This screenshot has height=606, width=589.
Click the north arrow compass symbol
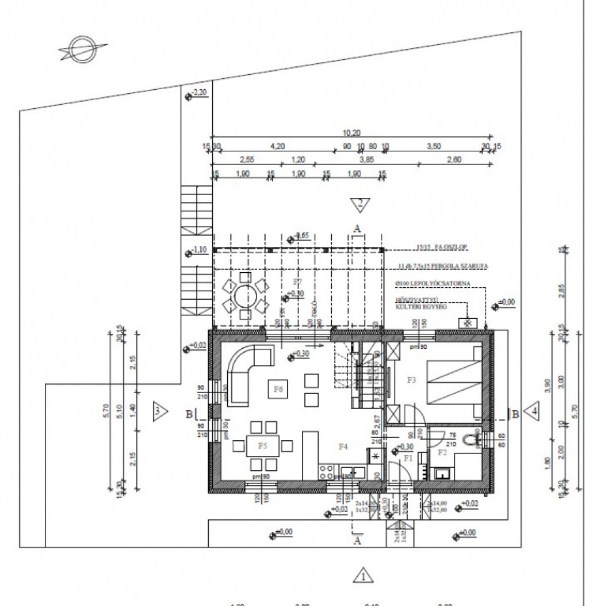tap(79, 50)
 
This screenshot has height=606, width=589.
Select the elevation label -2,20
tap(200, 93)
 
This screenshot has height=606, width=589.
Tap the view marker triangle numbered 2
tap(360, 203)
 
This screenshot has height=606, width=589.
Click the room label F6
tap(279, 390)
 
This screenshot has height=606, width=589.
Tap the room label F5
tap(263, 445)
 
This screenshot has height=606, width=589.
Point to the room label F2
tap(443, 453)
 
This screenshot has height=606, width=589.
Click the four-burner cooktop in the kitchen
tap(326, 472)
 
